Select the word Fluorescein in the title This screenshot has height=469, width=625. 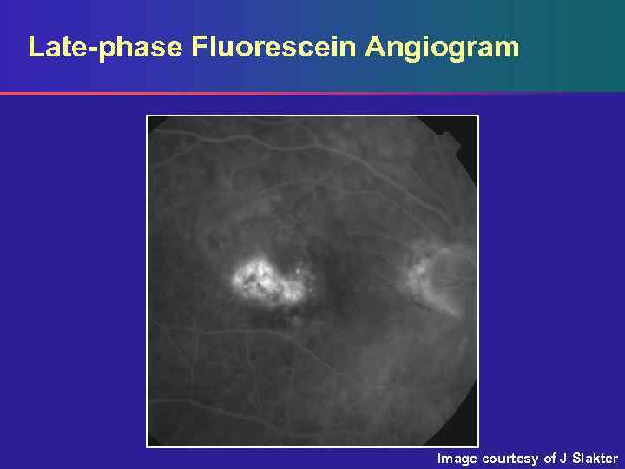[273, 46]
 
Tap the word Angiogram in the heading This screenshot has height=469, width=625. [442, 48]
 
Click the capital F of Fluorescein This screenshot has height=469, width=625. [199, 46]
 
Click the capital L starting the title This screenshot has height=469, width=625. [36, 46]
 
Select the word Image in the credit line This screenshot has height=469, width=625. [457, 458]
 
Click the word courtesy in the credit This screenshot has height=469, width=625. [511, 459]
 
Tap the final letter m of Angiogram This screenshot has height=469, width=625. [507, 48]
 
